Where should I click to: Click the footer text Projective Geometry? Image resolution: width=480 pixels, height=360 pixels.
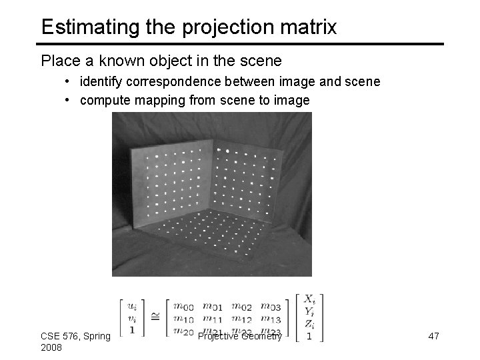point(241,337)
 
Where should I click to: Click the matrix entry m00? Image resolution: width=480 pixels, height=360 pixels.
point(183,307)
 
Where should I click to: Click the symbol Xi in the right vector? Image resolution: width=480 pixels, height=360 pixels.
point(310,299)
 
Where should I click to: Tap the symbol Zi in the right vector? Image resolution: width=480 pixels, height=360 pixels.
point(310,324)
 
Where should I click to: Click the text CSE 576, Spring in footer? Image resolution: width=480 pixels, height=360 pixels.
point(75,336)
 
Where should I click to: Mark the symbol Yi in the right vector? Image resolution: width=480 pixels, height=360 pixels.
point(310,311)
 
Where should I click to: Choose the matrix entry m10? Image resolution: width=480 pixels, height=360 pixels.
point(183,321)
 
